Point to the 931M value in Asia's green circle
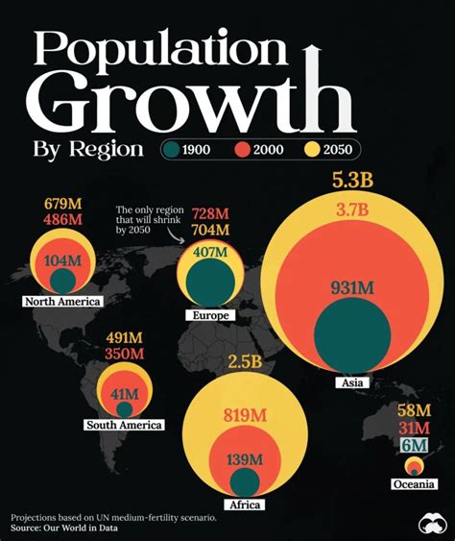tap(350, 313)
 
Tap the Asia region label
tap(350, 383)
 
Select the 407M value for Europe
tap(210, 253)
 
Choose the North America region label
tap(64, 302)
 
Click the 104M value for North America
tap(63, 260)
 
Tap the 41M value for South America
tap(125, 394)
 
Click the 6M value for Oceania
tap(415, 445)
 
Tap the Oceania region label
tap(415, 483)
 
